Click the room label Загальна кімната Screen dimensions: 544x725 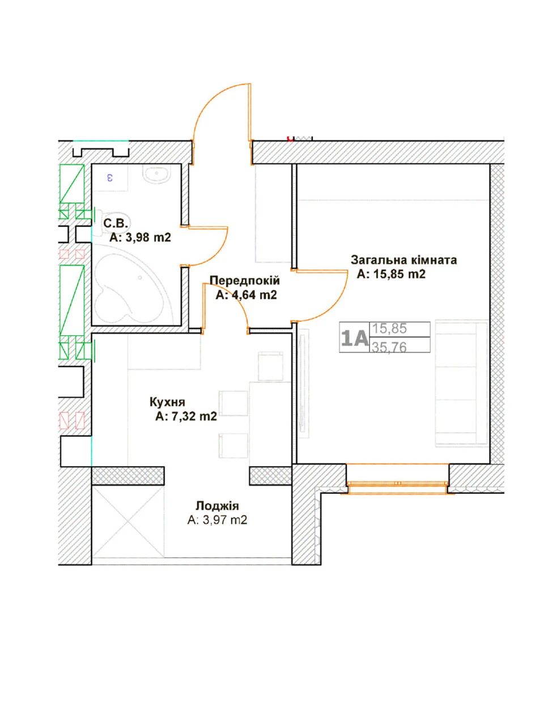coord(403,261)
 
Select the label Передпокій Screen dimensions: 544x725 coord(245,280)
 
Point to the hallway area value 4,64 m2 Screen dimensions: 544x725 coord(253,295)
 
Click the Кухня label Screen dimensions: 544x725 coord(167,402)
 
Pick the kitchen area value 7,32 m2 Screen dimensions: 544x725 coord(194,416)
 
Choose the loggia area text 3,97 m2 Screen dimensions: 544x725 coord(225,520)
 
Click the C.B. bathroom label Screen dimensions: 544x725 coord(115,224)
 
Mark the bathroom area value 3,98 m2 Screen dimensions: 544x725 coord(148,237)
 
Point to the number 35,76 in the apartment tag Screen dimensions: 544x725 coord(389,347)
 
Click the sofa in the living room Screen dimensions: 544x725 coord(461,383)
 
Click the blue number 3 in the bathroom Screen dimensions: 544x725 coord(110,178)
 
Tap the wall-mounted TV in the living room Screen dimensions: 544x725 coord(303,383)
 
